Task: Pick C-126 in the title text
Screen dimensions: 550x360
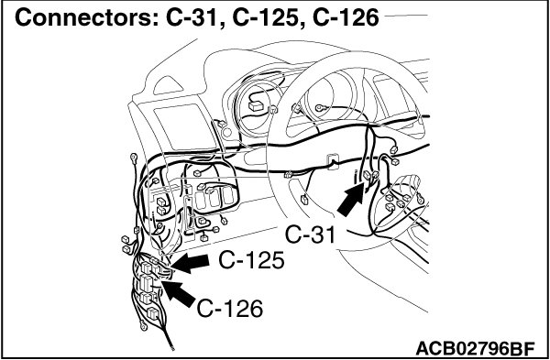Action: pyautogui.click(x=346, y=18)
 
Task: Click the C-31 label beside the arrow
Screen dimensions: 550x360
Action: pyautogui.click(x=310, y=235)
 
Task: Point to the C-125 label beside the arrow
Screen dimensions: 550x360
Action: pyautogui.click(x=251, y=261)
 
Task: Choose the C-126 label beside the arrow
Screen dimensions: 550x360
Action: pyautogui.click(x=230, y=309)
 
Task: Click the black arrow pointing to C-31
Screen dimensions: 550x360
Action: pyautogui.click(x=351, y=199)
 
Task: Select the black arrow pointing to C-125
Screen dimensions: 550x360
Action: pyautogui.click(x=190, y=264)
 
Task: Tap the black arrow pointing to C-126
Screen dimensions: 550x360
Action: pyautogui.click(x=179, y=294)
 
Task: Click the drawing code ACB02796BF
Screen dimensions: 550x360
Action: pyautogui.click(x=475, y=349)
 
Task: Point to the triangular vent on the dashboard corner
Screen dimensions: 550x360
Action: pyautogui.click(x=169, y=86)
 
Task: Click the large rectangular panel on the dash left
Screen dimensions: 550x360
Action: pyautogui.click(x=185, y=127)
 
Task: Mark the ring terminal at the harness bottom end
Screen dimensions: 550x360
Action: pyautogui.click(x=143, y=325)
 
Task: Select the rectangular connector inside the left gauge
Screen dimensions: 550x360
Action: pyautogui.click(x=255, y=106)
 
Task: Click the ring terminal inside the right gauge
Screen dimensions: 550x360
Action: pyautogui.click(x=320, y=108)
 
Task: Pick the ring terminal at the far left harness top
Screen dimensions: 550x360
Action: pyautogui.click(x=134, y=158)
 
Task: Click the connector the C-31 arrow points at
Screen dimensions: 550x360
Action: pyautogui.click(x=368, y=175)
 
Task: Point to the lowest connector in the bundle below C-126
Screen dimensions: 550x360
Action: pyautogui.click(x=152, y=312)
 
